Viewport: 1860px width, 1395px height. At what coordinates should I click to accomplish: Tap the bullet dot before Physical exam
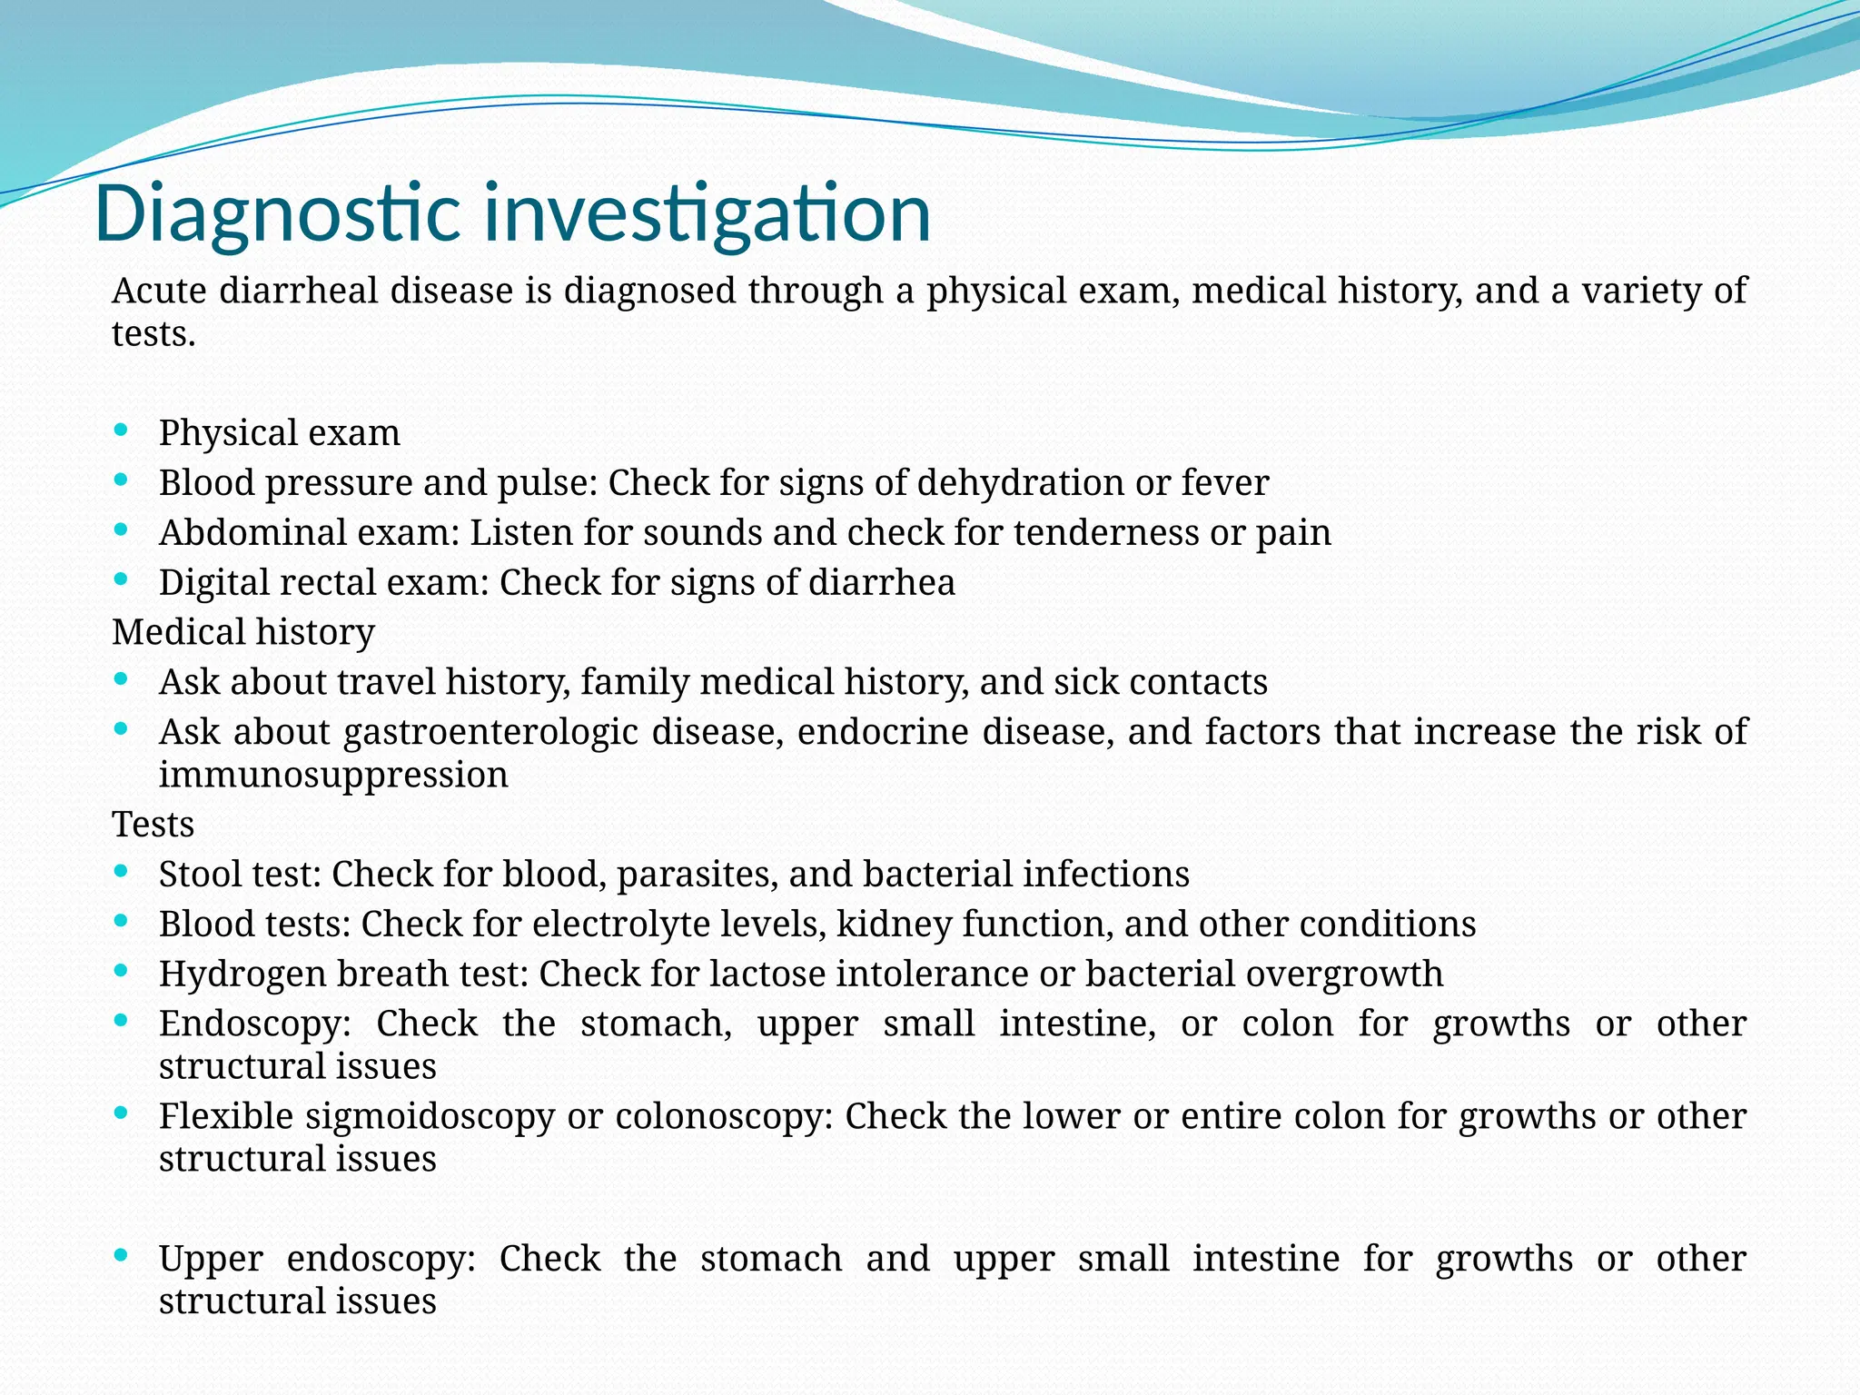121,430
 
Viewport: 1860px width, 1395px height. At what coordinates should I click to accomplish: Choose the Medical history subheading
242,632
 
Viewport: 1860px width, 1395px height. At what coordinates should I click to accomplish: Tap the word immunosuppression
333,775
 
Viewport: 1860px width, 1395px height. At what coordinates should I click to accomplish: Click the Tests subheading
153,825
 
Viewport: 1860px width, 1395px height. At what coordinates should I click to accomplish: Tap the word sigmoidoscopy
429,1116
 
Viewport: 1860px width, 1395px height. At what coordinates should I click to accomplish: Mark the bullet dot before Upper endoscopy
121,1256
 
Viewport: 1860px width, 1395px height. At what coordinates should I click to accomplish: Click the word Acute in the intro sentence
159,292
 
